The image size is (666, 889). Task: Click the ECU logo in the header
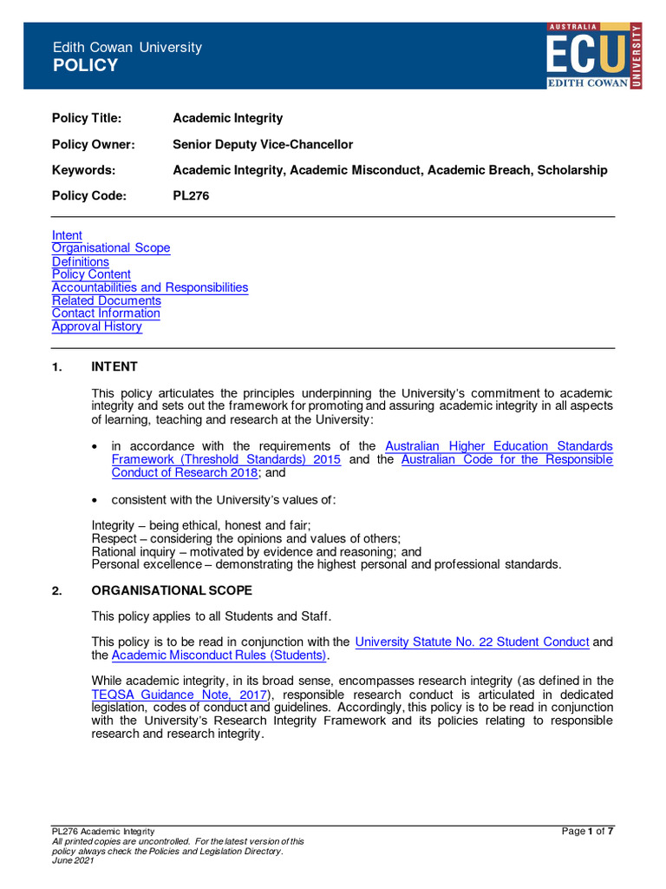click(x=594, y=56)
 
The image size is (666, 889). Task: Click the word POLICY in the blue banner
click(x=85, y=66)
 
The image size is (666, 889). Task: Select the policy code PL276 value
click(x=191, y=196)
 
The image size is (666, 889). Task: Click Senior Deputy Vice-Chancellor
click(x=263, y=144)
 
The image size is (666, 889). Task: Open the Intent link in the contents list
click(x=67, y=235)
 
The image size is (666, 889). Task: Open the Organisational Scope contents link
click(x=111, y=248)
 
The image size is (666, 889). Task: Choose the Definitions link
click(x=81, y=261)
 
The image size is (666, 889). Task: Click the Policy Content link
click(x=91, y=274)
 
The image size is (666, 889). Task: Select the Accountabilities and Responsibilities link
click(x=150, y=287)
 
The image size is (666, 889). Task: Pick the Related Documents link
click(x=107, y=300)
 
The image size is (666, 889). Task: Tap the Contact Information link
click(x=106, y=313)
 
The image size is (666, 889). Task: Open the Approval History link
click(x=97, y=326)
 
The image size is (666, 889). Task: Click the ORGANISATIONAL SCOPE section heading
click(x=172, y=591)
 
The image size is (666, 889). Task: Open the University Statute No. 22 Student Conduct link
click(x=473, y=642)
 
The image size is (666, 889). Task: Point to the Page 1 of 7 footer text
click(x=588, y=832)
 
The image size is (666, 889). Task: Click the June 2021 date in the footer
click(x=73, y=860)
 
